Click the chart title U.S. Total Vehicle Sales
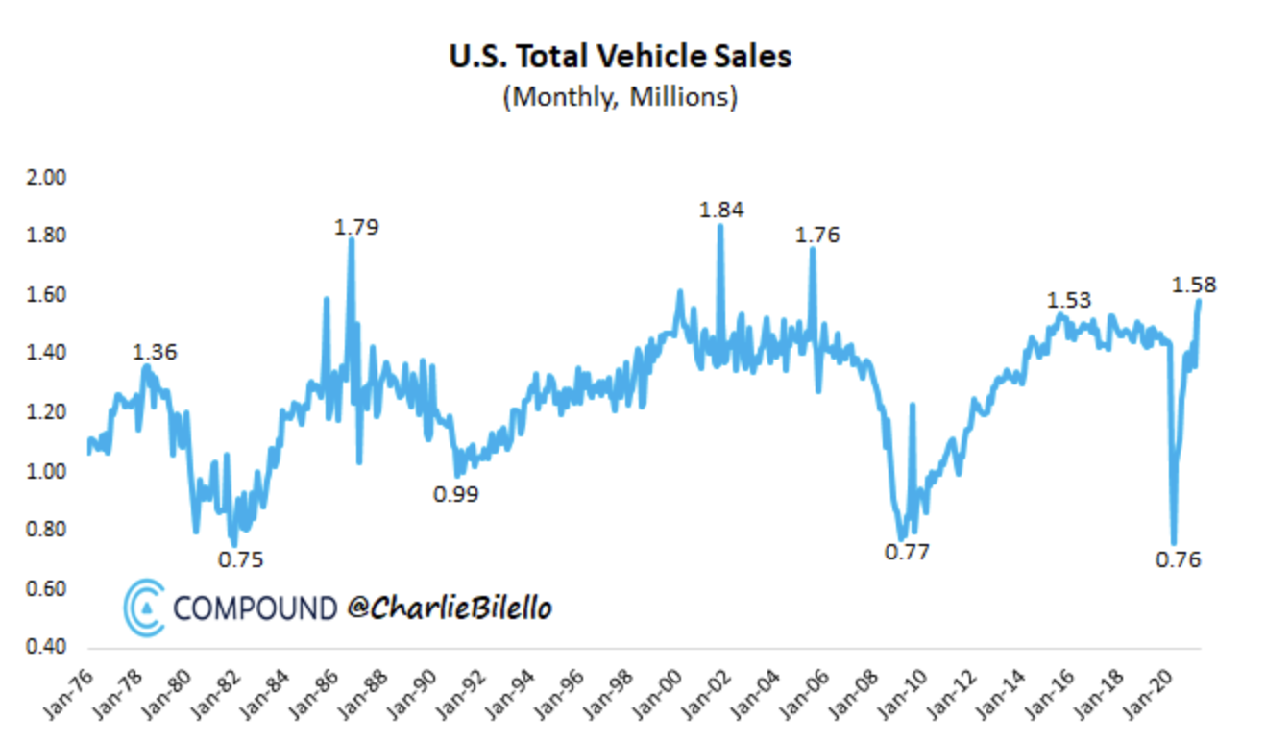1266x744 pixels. [621, 56]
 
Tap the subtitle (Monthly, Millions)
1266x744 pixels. [621, 97]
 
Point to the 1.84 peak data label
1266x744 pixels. [721, 210]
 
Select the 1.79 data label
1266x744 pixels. [356, 227]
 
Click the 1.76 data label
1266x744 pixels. [817, 235]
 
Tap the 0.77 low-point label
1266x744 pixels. [907, 552]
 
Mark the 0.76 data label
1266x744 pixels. [1179, 559]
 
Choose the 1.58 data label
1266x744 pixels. [1194, 285]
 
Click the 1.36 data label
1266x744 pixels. [155, 352]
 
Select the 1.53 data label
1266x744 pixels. [1069, 300]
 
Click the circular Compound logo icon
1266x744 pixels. [144, 608]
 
